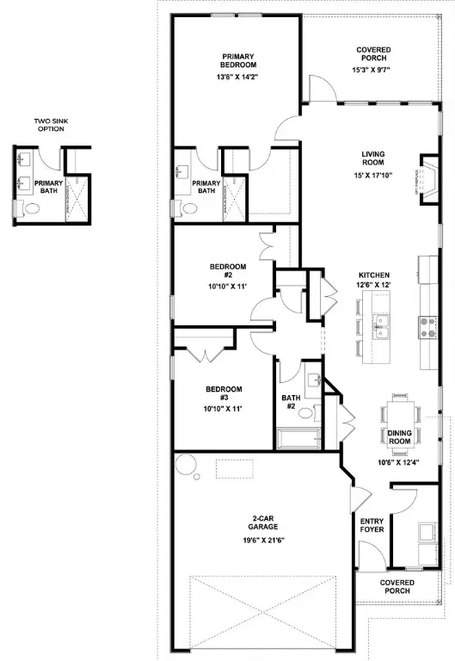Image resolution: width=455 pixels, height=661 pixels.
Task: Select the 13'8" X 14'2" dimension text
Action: (x=237, y=77)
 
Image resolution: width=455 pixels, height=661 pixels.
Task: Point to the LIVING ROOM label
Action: (x=372, y=159)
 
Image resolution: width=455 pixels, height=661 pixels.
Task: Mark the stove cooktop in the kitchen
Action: (x=426, y=325)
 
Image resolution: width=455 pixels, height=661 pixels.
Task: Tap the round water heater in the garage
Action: (x=185, y=466)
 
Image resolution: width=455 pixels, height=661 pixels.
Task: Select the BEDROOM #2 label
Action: (x=222, y=272)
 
